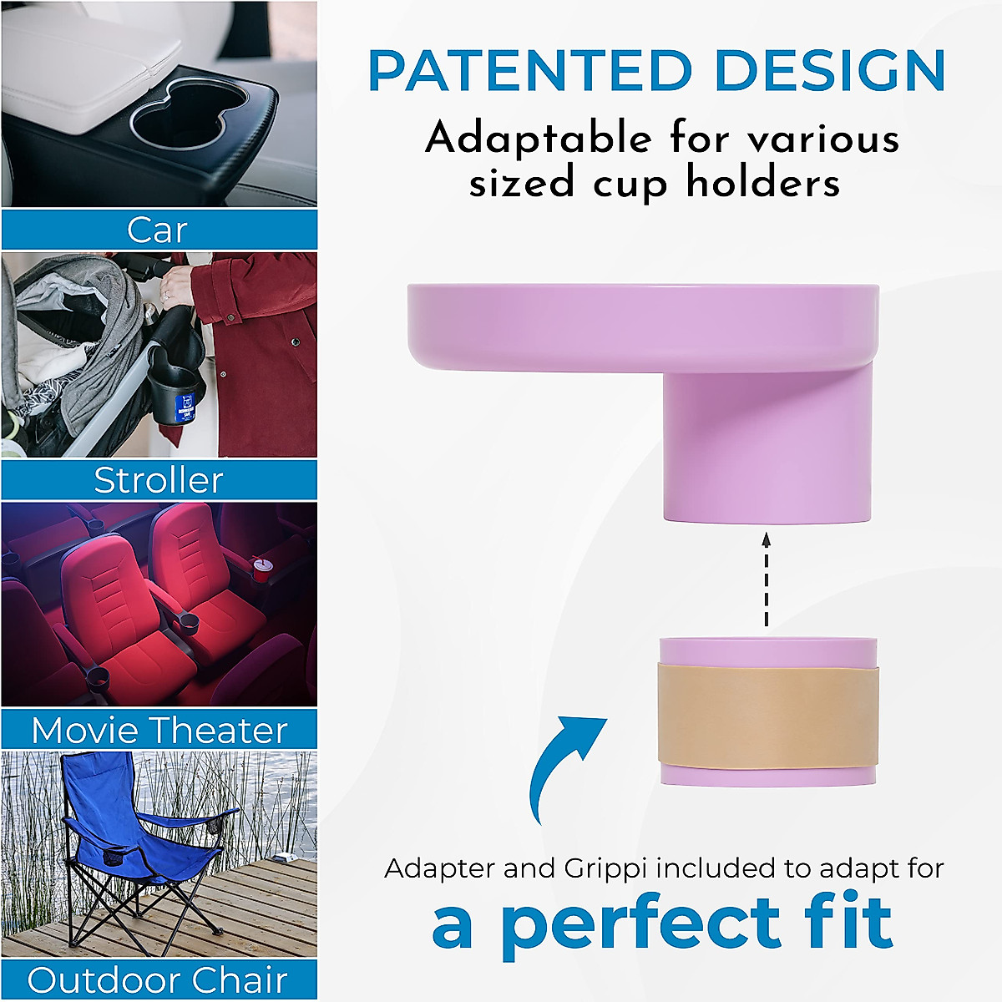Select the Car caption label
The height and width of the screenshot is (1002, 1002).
(158, 230)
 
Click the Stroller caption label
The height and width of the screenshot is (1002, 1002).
(159, 480)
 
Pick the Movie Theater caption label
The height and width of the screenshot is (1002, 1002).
(159, 731)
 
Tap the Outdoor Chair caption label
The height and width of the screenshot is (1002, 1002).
(158, 980)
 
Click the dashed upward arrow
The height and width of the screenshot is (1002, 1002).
(767, 581)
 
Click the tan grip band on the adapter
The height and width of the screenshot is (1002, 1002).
(767, 716)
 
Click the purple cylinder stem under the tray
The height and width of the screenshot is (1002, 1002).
(767, 451)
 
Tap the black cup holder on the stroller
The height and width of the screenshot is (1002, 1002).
(176, 388)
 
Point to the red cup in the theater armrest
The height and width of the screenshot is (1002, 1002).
(262, 571)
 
